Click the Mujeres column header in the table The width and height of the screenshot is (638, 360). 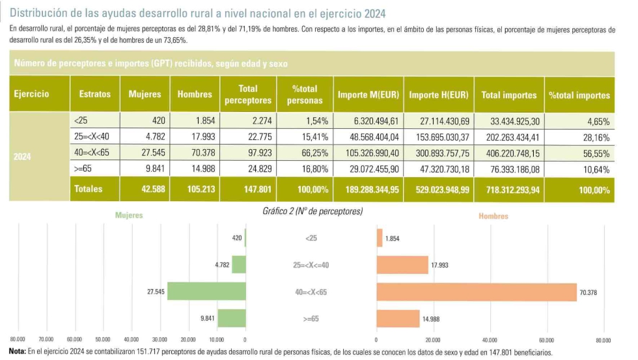click(145, 94)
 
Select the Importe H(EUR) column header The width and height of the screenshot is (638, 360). click(438, 95)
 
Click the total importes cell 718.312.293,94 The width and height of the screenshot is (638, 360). click(509, 190)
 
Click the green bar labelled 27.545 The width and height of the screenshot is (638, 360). click(206, 292)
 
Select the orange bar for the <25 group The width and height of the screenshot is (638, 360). click(380, 238)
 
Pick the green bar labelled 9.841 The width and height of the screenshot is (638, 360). click(231, 319)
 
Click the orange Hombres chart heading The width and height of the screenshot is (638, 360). click(493, 215)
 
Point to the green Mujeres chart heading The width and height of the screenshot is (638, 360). click(129, 215)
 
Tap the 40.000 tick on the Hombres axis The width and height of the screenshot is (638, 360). click(490, 340)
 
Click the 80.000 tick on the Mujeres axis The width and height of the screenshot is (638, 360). click(18, 340)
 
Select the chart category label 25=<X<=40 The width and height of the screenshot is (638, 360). click(311, 266)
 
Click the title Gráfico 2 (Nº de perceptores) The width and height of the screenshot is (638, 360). click(312, 212)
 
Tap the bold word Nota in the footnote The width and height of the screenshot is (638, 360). click(18, 352)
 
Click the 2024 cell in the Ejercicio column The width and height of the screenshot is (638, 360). click(23, 157)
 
